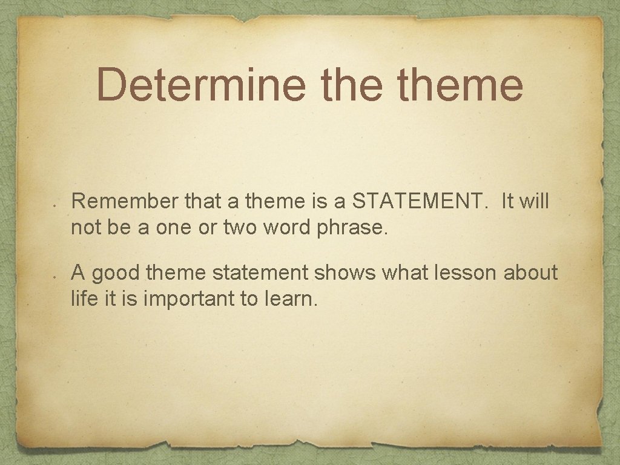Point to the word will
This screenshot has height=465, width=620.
pos(533,202)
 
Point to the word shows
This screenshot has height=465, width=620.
pos(344,273)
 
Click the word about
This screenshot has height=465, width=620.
pos(531,273)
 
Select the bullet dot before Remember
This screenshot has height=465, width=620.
pos(54,206)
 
